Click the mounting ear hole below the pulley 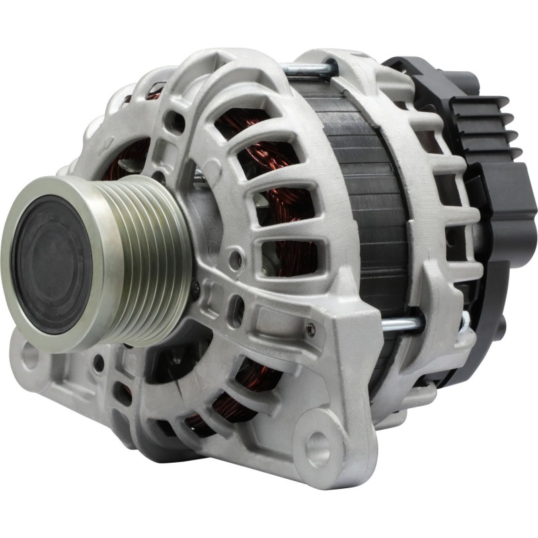pyautogui.click(x=30, y=357)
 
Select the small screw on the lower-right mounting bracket pyautogui.click(x=311, y=329)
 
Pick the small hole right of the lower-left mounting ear pyautogui.click(x=99, y=364)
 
